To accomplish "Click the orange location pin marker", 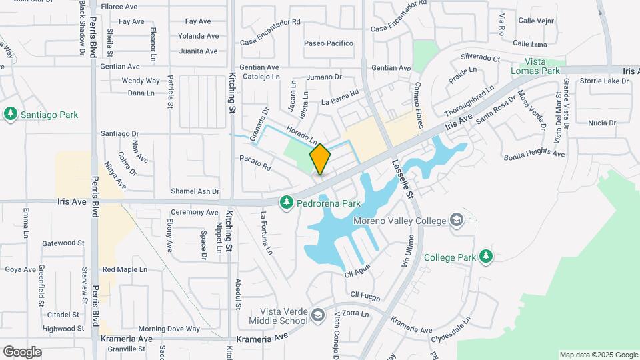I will (320, 159).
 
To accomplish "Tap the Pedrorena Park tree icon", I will (287, 201).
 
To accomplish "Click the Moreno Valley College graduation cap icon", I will (456, 220).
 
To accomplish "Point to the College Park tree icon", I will (486, 256).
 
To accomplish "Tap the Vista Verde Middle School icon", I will (317, 315).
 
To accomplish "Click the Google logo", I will (22, 351).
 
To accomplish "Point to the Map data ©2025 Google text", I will (598, 355).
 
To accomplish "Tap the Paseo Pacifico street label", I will (328, 43).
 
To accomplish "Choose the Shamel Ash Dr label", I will (195, 191).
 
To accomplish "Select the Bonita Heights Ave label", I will (534, 154).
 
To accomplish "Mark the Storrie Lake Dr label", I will (604, 81).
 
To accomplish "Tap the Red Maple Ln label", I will (125, 270).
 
